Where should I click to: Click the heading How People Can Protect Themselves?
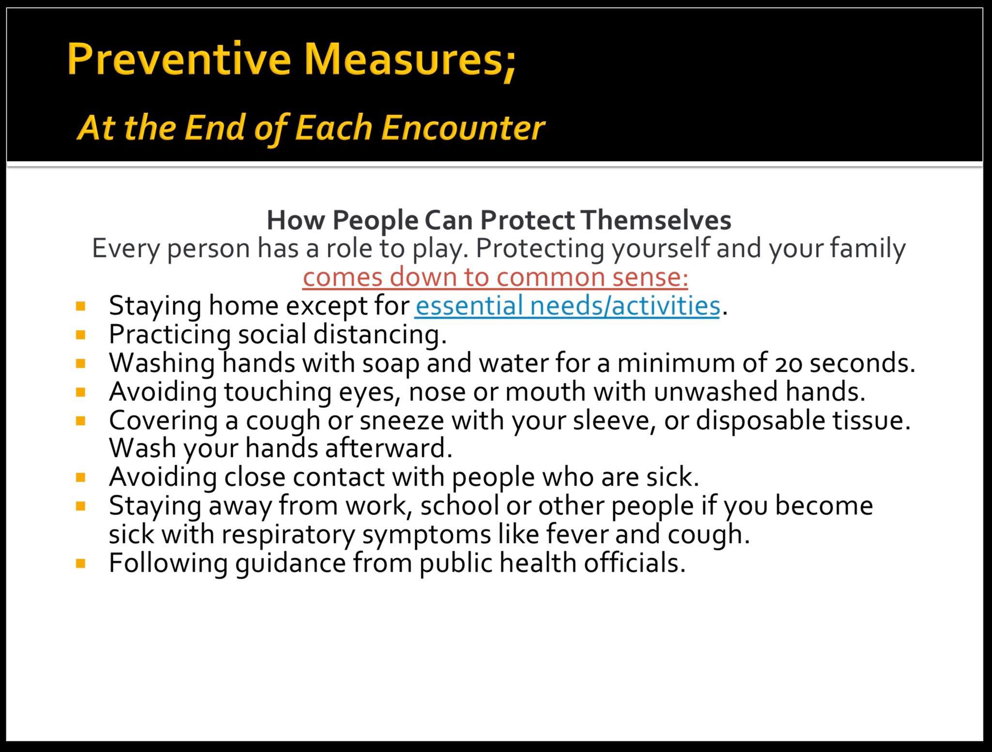click(x=499, y=220)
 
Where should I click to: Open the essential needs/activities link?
click(x=567, y=306)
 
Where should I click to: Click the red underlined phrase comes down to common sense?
click(x=495, y=277)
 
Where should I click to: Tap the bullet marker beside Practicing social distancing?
click(x=81, y=334)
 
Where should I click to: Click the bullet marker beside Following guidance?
click(x=81, y=563)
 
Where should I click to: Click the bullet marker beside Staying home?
click(x=81, y=306)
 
